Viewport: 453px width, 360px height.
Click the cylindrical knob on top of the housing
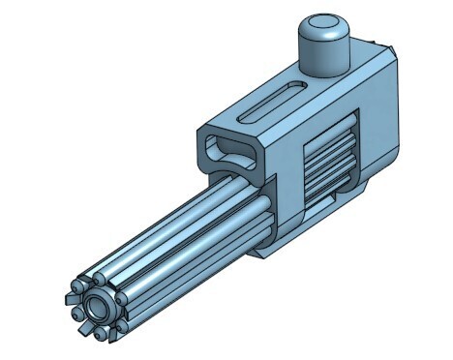coord(322,48)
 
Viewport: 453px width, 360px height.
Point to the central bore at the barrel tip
coord(99,309)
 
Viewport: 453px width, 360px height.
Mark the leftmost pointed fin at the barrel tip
coord(71,296)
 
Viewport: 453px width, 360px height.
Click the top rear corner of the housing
coord(391,48)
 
